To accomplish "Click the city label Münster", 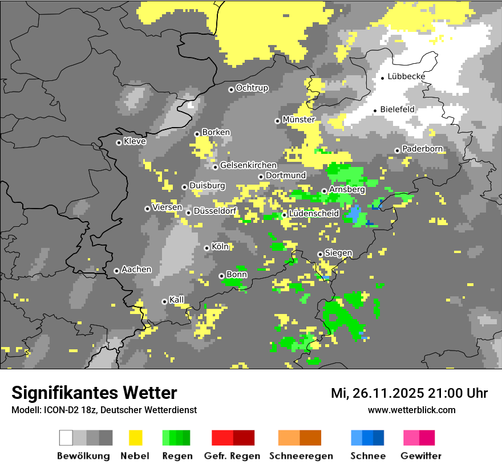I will tap(299, 120).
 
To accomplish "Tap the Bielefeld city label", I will tap(398, 109).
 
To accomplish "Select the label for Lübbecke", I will tap(406, 76).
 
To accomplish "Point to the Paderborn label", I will tap(423, 149).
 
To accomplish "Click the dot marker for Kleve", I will tap(119, 142).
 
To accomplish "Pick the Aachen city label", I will tap(137, 270).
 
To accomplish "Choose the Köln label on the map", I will tap(220, 247).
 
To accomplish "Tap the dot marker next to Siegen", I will tap(320, 254).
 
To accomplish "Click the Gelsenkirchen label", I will tap(248, 165).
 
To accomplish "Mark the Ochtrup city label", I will tap(252, 88).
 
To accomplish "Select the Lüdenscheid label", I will tap(314, 213).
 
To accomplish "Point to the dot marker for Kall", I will tap(164, 301).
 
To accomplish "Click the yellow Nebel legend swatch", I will tap(135, 438).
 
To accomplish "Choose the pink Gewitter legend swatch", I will tap(411, 438).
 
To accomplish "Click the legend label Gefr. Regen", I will tap(232, 456).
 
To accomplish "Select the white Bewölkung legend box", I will tap(66, 438).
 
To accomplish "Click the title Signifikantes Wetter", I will tap(94, 393).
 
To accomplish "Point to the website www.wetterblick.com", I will tap(412, 410).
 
